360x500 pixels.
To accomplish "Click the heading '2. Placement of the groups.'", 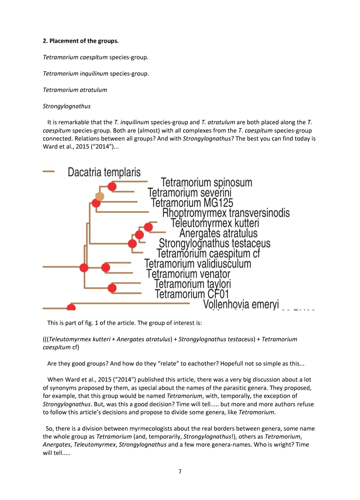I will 81,41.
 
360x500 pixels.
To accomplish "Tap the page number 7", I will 180,471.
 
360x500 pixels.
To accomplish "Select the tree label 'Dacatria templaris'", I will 104,172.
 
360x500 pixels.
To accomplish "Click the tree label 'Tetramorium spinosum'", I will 206,182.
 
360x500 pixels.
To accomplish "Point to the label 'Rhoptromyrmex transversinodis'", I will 226,213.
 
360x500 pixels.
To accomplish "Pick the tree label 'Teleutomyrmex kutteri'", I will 215,223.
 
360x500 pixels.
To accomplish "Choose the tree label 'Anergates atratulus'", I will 218,233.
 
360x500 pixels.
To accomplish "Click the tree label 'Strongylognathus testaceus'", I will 214,243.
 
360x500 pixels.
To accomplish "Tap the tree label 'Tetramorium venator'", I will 188,274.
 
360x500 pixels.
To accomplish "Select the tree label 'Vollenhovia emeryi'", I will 241,304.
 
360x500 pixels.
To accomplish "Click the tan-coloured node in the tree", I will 100,196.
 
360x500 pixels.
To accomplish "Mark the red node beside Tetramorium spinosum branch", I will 112,187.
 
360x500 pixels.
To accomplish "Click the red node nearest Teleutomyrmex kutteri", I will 148,227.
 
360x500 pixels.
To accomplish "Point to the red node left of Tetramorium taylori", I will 112,288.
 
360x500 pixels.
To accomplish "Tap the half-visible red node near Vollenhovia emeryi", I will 71,307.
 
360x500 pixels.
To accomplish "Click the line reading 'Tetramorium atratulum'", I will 75,90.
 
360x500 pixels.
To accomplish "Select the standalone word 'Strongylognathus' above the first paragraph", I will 67,106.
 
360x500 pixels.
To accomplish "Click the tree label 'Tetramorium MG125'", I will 192,203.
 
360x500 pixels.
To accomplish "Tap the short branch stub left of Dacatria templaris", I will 49,172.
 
